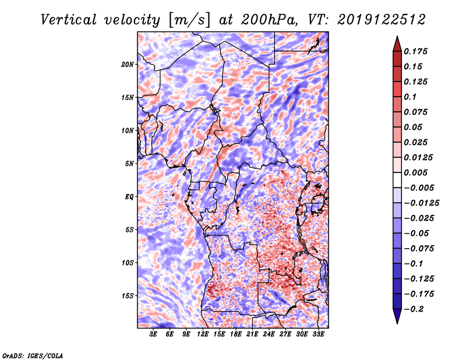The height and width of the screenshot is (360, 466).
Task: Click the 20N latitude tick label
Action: coord(128,65)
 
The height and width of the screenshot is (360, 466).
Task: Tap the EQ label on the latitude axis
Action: coord(129,197)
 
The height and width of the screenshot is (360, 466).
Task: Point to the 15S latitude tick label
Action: coord(128,296)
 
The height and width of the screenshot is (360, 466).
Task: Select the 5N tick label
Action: coord(129,164)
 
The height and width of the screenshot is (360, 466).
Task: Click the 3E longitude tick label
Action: coord(153,334)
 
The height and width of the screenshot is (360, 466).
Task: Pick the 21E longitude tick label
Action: coord(252,334)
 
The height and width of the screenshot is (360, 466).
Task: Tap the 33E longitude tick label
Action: coord(318,334)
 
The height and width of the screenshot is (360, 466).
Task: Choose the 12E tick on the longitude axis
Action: coord(202,334)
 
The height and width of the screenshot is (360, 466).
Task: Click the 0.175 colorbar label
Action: coord(415,51)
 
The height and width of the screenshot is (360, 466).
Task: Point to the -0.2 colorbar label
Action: coord(413,309)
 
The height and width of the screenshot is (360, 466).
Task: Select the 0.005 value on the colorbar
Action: coord(415,172)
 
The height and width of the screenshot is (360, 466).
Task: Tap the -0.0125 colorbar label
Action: coord(421,203)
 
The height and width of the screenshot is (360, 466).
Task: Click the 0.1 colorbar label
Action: coord(410,97)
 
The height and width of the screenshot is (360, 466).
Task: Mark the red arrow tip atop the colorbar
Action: coord(397,36)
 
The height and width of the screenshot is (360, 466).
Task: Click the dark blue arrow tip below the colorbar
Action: coord(397,323)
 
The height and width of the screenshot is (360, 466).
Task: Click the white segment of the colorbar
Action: coord(397,180)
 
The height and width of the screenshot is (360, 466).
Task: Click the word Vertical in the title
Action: coord(69,20)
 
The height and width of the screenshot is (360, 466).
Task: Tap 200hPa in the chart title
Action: coord(269,20)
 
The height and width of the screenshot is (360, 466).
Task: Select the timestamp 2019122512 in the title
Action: coord(382,20)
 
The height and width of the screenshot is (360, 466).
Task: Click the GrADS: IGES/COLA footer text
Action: coord(33,355)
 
